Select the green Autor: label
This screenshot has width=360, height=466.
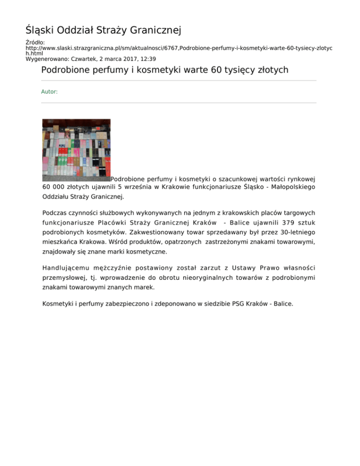(50, 92)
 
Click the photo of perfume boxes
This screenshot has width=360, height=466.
(76, 150)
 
